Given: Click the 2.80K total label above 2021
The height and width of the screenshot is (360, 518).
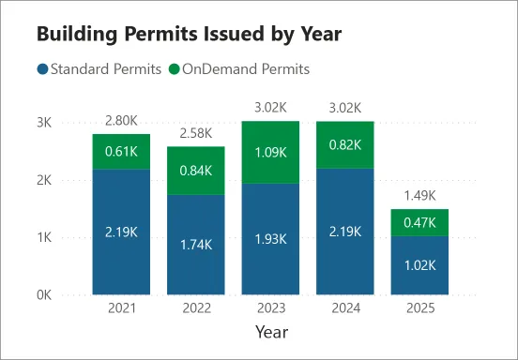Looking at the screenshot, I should coord(121,120).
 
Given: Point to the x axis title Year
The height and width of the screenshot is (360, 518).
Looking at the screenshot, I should coord(272,332).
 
